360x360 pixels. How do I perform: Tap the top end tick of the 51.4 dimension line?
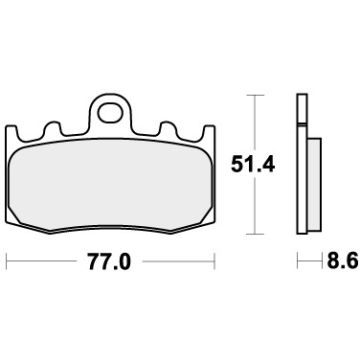pyautogui.click(x=254, y=95)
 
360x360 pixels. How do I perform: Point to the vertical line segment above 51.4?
pyautogui.click(x=254, y=120)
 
